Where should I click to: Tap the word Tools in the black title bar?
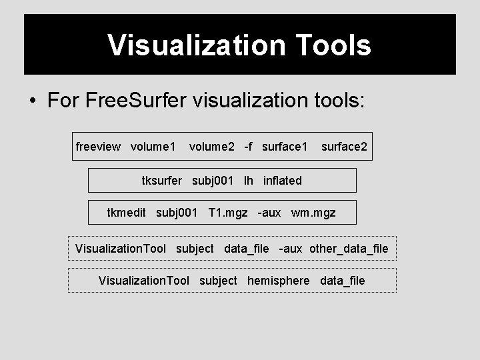329,46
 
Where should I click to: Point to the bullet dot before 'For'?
31,102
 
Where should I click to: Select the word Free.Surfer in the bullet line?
135,101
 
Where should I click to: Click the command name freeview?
99,146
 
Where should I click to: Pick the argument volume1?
153,146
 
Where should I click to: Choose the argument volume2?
211,146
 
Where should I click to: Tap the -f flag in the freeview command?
248,146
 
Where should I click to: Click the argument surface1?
285,146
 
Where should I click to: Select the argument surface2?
343,146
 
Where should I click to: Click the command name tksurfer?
161,181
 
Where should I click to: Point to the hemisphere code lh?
249,181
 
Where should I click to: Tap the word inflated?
283,181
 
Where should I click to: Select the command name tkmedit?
127,213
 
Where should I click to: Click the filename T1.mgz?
228,213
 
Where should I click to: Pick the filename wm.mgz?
313,213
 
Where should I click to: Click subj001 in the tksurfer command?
213,181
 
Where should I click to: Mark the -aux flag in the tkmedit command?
269,213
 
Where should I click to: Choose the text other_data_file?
349,249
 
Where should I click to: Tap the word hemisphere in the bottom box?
278,281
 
